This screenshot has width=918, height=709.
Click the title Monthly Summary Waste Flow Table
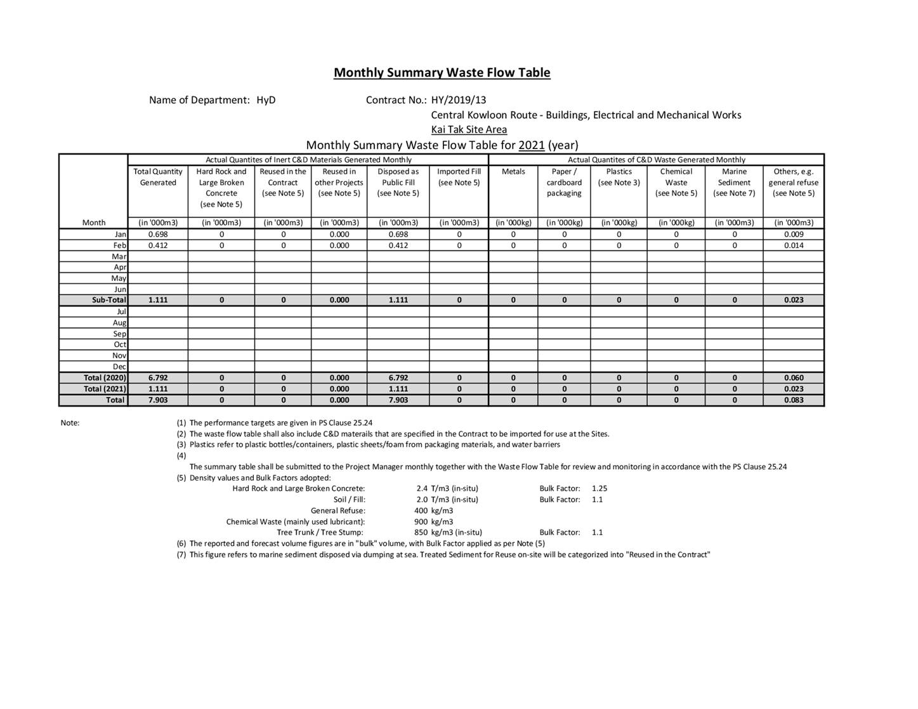tap(442, 72)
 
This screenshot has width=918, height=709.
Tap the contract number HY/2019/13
tap(458, 100)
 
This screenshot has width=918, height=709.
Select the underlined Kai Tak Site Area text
tap(469, 129)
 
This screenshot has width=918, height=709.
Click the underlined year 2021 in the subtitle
tap(531, 145)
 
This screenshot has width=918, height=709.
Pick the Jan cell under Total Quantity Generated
tap(158, 234)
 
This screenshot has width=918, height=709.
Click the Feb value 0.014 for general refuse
tap(793, 245)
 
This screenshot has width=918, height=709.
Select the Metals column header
tap(513, 172)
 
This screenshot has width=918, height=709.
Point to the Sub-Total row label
tap(108, 300)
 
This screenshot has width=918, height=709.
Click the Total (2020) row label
tap(105, 378)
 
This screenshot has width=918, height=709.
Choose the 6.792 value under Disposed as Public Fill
tap(398, 378)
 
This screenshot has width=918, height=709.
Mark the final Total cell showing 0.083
tap(793, 400)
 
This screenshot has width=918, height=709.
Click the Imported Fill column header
tap(459, 177)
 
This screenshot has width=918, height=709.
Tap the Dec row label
tap(119, 367)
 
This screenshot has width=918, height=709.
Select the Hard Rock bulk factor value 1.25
tap(600, 488)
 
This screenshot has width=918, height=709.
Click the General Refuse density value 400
tap(421, 511)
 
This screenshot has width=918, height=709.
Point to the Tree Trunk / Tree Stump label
tap(320, 533)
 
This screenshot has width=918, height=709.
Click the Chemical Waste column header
tap(676, 182)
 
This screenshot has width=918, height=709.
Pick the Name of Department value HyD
tap(266, 100)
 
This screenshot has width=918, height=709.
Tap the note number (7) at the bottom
tap(181, 555)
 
